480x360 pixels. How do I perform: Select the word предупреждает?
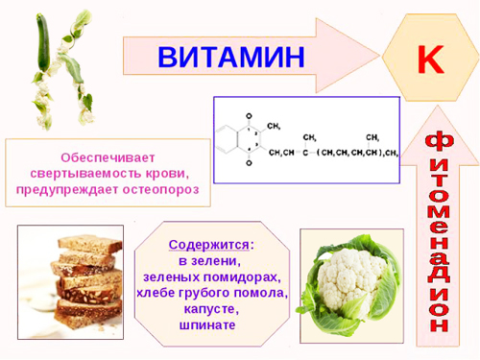(67, 191)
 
